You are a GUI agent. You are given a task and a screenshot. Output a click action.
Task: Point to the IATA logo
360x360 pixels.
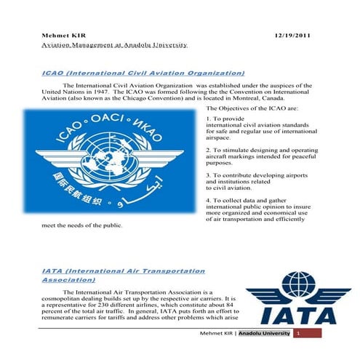tap(297, 298)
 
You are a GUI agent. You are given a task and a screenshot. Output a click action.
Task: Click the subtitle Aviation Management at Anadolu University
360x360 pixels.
tap(115, 44)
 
